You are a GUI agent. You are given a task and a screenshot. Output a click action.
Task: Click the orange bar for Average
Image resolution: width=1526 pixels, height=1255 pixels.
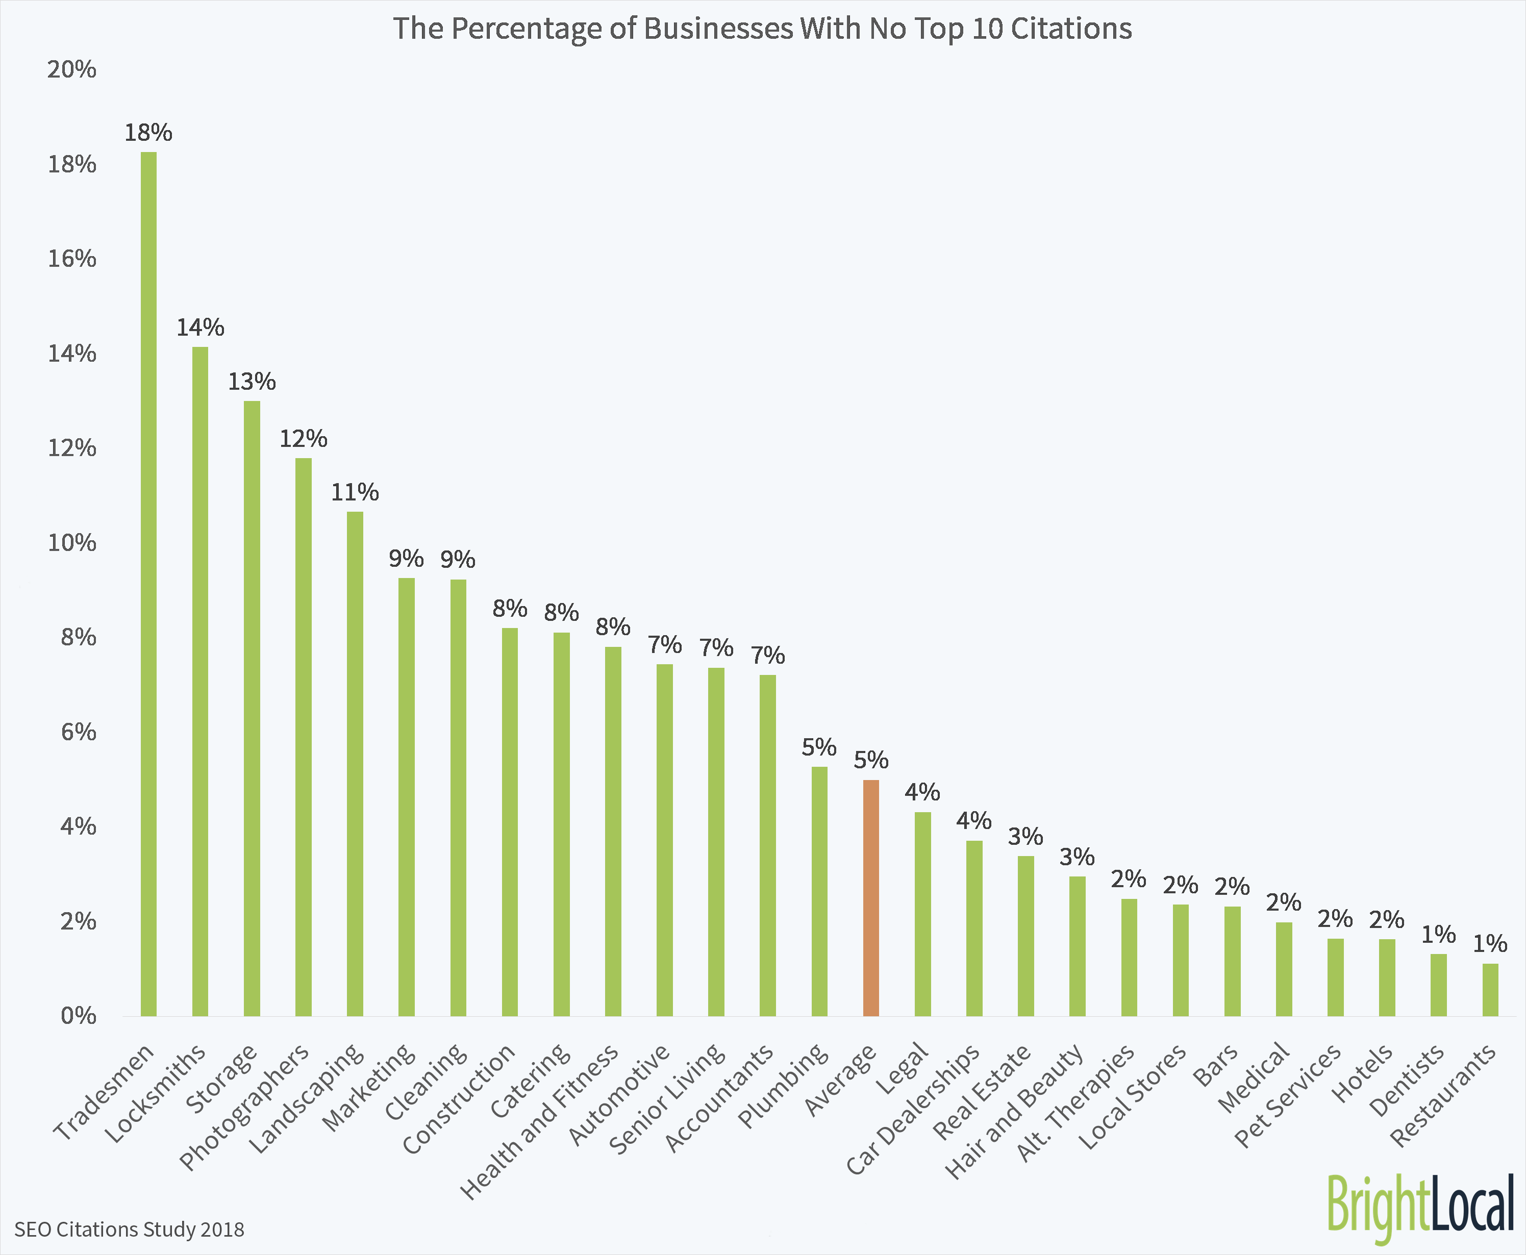[x=870, y=898]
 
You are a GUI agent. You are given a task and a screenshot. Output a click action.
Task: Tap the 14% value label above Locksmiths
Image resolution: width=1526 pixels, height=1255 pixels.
[x=200, y=328]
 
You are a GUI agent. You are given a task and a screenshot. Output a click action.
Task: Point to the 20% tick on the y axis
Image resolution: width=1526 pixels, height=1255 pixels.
[x=71, y=69]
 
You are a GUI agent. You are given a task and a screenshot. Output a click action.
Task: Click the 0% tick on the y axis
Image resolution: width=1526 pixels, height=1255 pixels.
[x=78, y=1016]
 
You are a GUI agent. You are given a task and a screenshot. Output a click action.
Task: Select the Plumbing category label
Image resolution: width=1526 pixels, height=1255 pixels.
[x=784, y=1085]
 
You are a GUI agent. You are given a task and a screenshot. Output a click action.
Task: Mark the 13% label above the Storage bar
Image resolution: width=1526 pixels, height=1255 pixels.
[x=252, y=382]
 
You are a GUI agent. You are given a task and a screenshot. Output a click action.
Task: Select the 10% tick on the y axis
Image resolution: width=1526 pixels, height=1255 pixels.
[x=71, y=542]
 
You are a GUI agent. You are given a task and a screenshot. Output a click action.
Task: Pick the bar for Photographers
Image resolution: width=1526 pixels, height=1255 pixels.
[x=303, y=737]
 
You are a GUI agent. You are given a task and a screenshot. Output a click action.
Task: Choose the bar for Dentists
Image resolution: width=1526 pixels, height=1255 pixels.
[x=1439, y=985]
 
